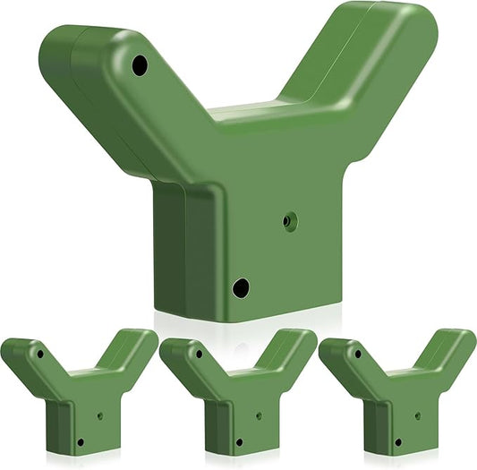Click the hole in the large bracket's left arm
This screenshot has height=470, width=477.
[x=139, y=64]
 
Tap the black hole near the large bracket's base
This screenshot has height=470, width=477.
[x=240, y=287]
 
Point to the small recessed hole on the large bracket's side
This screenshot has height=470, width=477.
[x=289, y=219]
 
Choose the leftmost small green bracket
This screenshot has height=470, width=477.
[x=79, y=394]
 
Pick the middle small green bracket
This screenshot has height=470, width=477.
[x=238, y=394]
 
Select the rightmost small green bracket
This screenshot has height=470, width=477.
[x=397, y=394]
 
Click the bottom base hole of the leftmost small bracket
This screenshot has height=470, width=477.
[x=79, y=441]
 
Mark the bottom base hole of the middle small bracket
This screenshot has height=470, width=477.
[x=238, y=441]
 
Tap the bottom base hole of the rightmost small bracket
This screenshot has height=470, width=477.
[x=397, y=441]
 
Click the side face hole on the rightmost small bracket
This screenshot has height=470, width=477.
[x=417, y=415]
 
